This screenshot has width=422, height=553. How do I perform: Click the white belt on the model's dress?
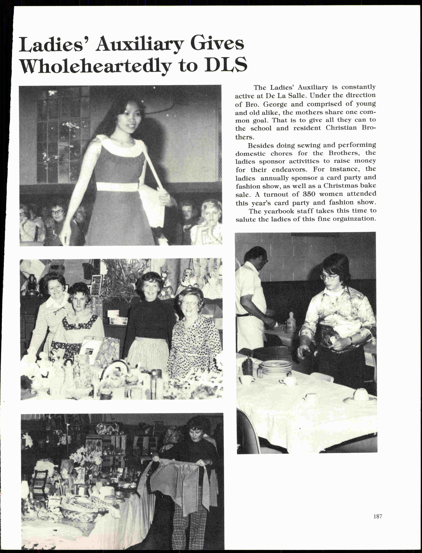[117, 187]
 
